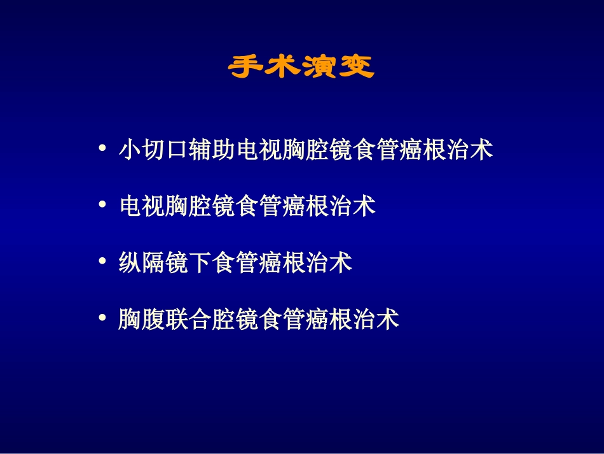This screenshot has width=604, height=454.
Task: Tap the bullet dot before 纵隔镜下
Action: [102, 262]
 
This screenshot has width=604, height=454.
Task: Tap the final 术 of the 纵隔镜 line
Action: [342, 263]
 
